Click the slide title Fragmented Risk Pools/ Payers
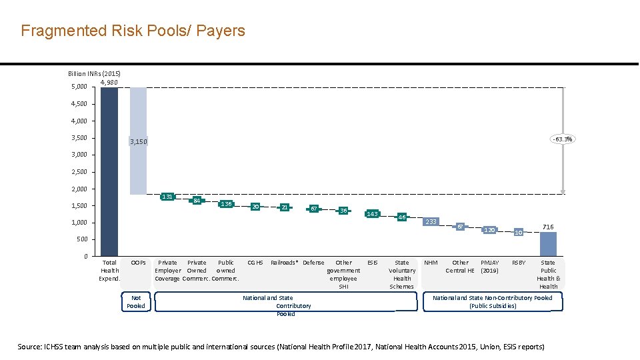click(x=133, y=31)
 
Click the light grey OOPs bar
click(x=138, y=141)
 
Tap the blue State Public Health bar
click(x=548, y=244)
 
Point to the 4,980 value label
click(x=109, y=82)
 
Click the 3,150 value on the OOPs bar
click(x=138, y=141)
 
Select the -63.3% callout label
click(x=562, y=139)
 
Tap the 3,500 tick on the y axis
click(x=79, y=138)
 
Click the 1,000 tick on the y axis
click(x=79, y=223)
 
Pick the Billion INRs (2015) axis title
click(x=94, y=73)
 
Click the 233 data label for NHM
click(x=431, y=221)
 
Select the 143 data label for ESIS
click(x=373, y=214)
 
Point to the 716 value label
click(x=548, y=227)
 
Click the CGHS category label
click(x=255, y=263)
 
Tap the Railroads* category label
click(x=284, y=263)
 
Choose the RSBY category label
click(x=519, y=263)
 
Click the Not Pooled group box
click(x=136, y=302)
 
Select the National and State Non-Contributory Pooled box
click(x=493, y=302)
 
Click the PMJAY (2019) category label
click(x=489, y=267)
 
